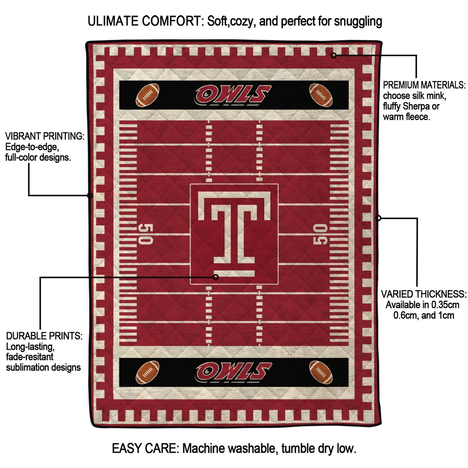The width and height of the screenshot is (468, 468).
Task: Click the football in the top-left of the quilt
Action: tap(148, 95)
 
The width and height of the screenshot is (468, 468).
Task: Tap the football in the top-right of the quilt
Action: tap(321, 95)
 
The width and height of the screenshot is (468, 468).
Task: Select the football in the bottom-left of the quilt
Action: tap(148, 372)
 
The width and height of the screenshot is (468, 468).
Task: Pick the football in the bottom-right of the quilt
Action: tap(321, 372)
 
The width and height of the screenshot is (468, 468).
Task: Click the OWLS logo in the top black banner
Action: tap(233, 95)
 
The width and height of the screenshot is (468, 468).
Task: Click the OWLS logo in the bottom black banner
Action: tap(233, 372)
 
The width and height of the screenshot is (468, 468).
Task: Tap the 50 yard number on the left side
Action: tap(146, 234)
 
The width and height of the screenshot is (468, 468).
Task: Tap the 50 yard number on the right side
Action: tap(320, 234)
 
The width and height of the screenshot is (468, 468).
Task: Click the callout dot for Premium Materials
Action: tap(334, 55)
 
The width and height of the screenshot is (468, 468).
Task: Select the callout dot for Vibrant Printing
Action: tap(90, 196)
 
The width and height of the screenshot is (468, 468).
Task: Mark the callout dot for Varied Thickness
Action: tap(378, 218)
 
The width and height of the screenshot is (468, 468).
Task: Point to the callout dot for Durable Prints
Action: tap(216, 277)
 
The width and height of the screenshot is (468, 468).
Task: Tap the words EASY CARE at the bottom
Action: tap(145, 448)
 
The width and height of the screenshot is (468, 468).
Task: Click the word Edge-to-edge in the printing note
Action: tap(32, 147)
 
